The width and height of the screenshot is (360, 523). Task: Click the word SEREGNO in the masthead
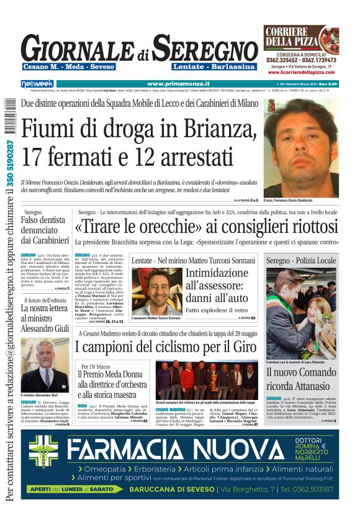pyautogui.click(x=205, y=48)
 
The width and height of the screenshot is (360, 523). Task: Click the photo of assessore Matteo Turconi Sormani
pyautogui.click(x=156, y=290)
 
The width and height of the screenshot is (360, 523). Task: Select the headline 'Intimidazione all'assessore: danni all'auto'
pyautogui.click(x=220, y=286)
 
